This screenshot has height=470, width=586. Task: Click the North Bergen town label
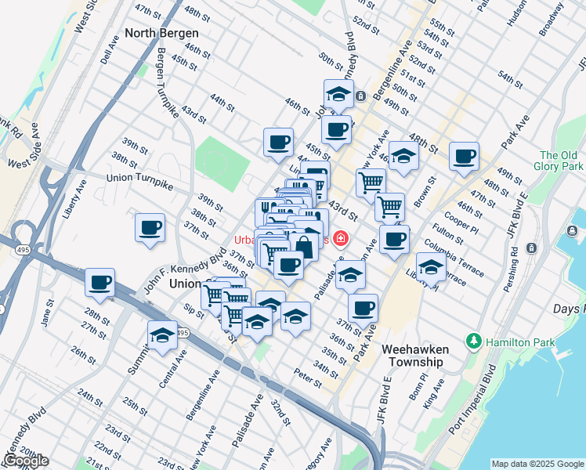[x=161, y=34]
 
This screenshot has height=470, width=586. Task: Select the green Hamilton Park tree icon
[x=473, y=342]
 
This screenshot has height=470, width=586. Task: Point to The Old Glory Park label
[x=561, y=161]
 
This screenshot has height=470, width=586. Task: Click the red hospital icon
[x=340, y=238]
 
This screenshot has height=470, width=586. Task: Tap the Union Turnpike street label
[x=139, y=179]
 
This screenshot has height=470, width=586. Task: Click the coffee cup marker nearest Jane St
[x=99, y=282]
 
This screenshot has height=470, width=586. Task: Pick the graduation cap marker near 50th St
[x=338, y=94]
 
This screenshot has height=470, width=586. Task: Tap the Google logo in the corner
[x=26, y=461]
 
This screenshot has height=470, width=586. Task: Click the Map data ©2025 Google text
[x=537, y=464]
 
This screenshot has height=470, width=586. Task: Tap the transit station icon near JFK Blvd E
[x=533, y=248]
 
